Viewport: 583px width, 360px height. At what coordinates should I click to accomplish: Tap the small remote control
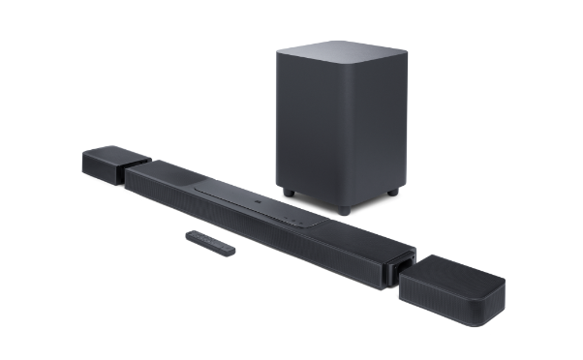(x=212, y=243)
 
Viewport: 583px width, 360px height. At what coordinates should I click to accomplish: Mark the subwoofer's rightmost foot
(x=392, y=193)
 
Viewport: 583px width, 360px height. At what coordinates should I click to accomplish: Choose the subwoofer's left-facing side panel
(x=305, y=126)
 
